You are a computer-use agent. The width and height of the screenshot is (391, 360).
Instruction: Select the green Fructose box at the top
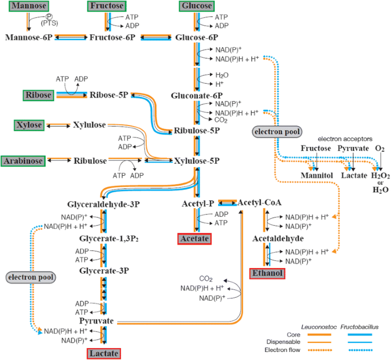(x=107, y=6)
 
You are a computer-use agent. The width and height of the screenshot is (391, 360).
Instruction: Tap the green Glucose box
(x=196, y=6)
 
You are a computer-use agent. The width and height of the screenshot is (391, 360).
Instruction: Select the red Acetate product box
(x=195, y=238)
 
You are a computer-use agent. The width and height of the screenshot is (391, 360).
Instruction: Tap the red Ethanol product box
(x=267, y=274)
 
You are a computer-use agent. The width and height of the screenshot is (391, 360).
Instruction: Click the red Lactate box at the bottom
(x=104, y=354)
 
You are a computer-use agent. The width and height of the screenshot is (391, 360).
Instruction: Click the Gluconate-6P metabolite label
(x=197, y=95)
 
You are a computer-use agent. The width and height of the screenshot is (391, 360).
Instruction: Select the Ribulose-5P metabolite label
(x=197, y=131)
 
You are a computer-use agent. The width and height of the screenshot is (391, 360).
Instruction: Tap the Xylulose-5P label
(x=197, y=161)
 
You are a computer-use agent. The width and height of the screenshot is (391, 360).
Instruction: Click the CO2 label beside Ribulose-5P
(x=222, y=120)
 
